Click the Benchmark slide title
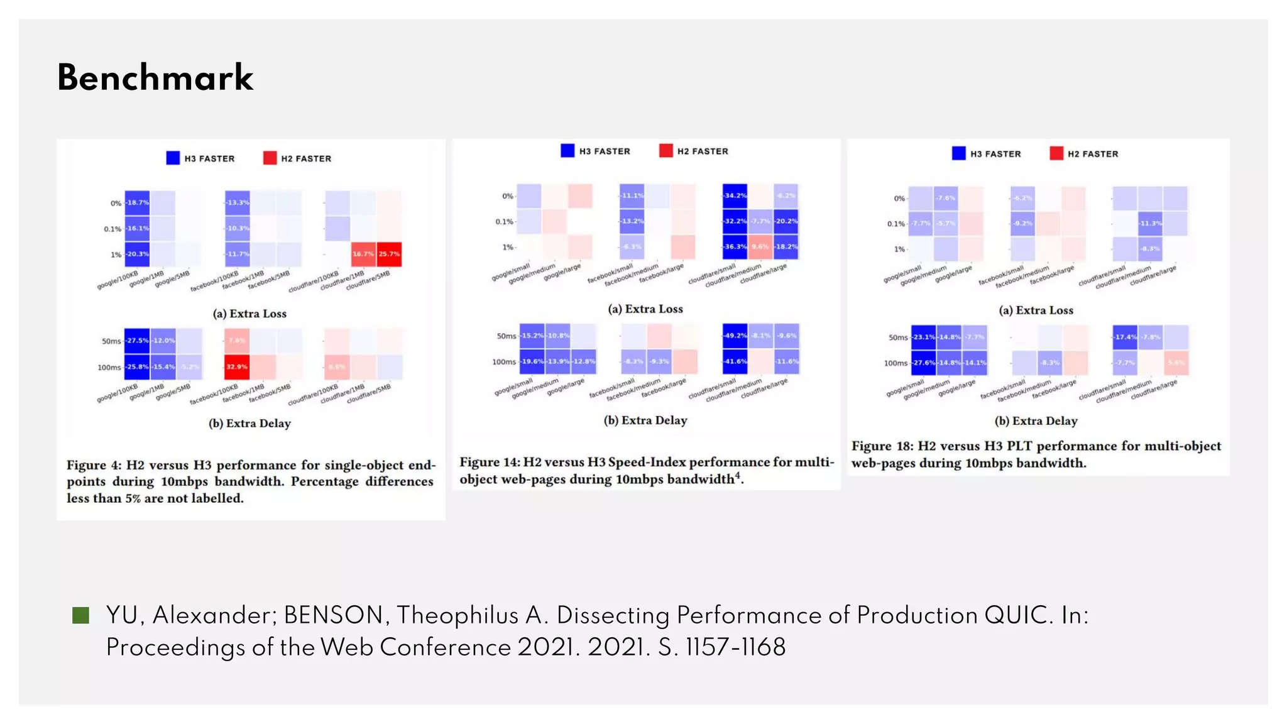pyautogui.click(x=155, y=78)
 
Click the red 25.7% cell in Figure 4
pyautogui.click(x=389, y=254)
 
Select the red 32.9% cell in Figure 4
pyautogui.click(x=237, y=367)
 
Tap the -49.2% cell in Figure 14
pyautogui.click(x=735, y=336)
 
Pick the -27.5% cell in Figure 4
pyautogui.click(x=137, y=341)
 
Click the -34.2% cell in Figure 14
pyautogui.click(x=735, y=195)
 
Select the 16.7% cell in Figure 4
pyautogui.click(x=363, y=254)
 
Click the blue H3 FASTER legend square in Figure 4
pyautogui.click(x=173, y=158)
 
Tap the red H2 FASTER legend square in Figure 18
pyautogui.click(x=1056, y=153)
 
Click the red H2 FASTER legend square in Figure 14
pyautogui.click(x=665, y=151)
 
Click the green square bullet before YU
pyautogui.click(x=81, y=615)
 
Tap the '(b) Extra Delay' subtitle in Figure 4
pyautogui.click(x=249, y=424)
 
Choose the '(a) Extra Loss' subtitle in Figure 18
pyautogui.click(x=1036, y=310)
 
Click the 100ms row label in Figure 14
pyautogui.click(x=503, y=362)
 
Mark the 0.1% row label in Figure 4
pyautogui.click(x=112, y=229)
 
